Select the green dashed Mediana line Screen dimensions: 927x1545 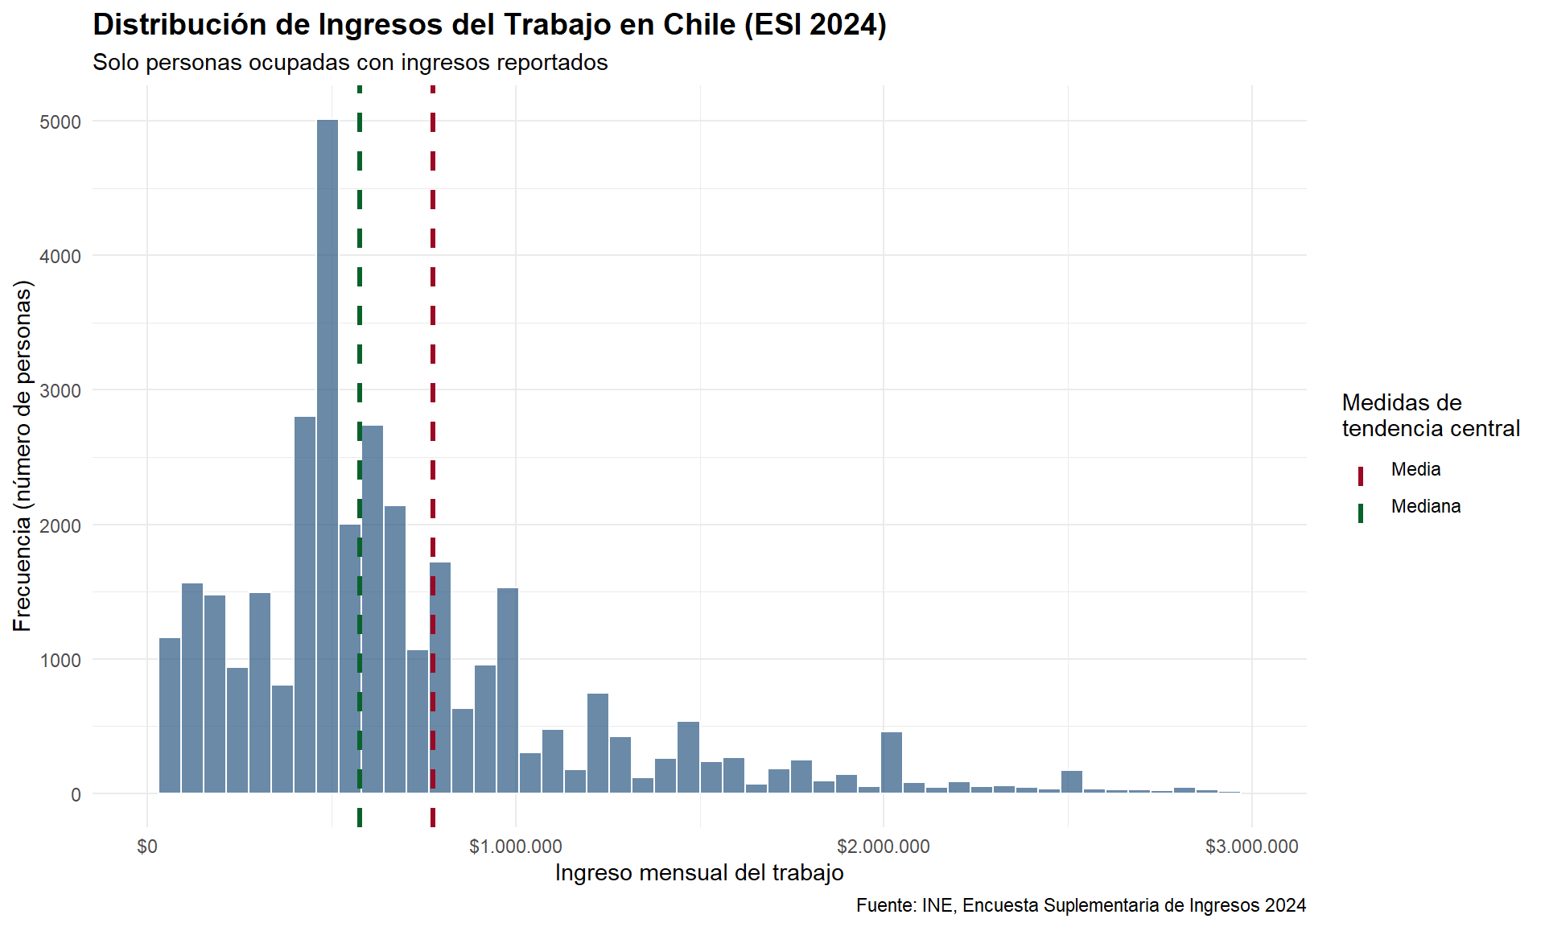click(x=360, y=322)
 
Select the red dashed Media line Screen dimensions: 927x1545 click(x=433, y=322)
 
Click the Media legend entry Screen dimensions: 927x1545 click(x=1415, y=470)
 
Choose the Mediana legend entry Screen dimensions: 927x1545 click(x=1425, y=507)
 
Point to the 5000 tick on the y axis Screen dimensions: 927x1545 click(x=60, y=122)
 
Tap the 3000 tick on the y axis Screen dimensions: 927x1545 click(x=60, y=391)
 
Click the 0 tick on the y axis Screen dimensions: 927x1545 click(x=76, y=795)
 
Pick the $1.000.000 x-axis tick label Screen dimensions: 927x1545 click(x=516, y=847)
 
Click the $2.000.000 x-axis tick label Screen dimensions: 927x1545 click(x=884, y=847)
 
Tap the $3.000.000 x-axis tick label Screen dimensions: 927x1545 click(x=1252, y=847)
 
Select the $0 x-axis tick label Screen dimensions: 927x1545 click(x=147, y=847)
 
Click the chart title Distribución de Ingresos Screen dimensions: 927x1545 click(x=489, y=25)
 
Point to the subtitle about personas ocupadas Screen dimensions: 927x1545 click(x=350, y=63)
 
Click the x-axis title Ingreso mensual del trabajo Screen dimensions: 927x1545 click(x=699, y=873)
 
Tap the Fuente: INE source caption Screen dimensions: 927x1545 click(x=1081, y=906)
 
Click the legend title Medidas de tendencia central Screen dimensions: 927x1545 click(x=1430, y=415)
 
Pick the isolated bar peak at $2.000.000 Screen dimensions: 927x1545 click(x=892, y=763)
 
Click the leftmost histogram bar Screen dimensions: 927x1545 click(x=170, y=716)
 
